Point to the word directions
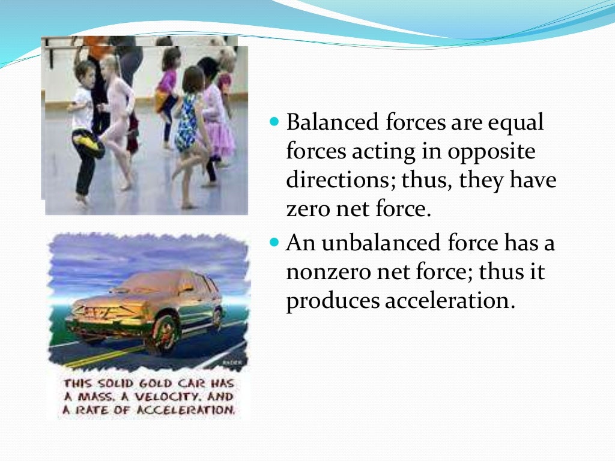tap(338, 181)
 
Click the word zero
tap(308, 210)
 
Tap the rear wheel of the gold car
tap(217, 317)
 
